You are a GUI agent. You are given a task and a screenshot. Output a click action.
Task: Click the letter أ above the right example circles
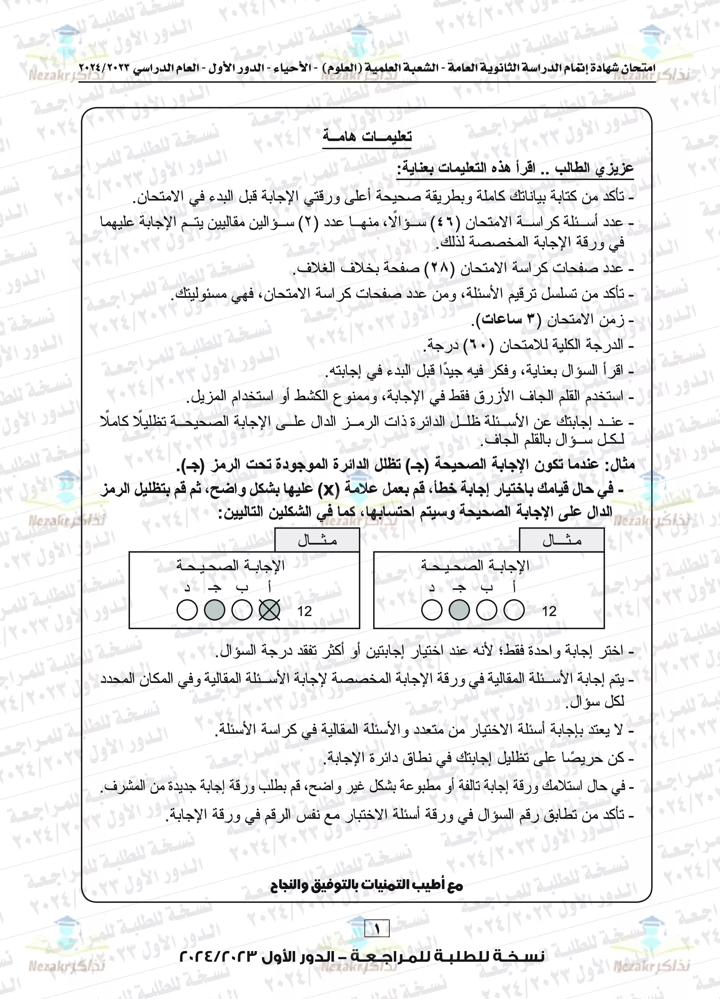[514, 588]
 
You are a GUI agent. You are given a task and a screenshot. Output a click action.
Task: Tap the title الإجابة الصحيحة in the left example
[231, 565]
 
